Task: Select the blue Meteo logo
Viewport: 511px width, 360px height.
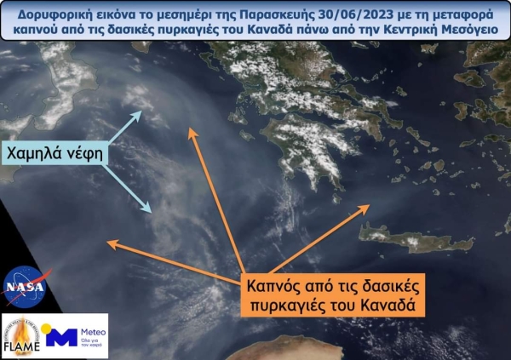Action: point(78,336)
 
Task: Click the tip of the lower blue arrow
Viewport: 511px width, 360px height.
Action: point(152,211)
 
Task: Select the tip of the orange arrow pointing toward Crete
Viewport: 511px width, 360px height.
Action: point(370,205)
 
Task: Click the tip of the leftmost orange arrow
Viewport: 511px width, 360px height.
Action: point(107,243)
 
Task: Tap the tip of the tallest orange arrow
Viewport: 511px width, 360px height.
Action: point(192,129)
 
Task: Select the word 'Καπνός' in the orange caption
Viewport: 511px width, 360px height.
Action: point(273,283)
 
